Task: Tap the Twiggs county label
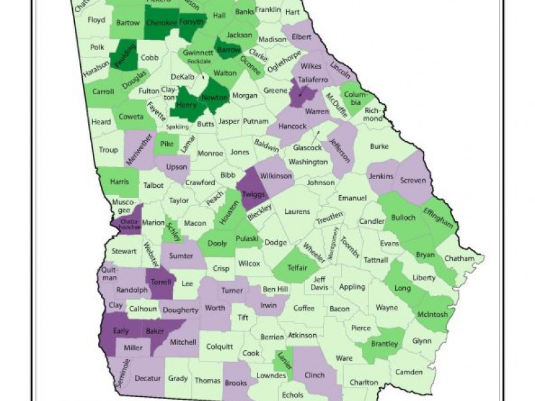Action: point(253,192)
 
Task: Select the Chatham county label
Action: point(461,259)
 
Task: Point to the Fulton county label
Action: point(148,91)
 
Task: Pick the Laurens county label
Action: point(297,212)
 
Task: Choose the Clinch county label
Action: point(314,374)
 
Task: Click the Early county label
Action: point(121,329)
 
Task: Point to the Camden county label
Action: point(409,372)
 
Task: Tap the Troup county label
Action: point(108,150)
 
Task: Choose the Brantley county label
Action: point(385,344)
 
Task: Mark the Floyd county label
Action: point(96,20)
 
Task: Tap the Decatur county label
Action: point(147,378)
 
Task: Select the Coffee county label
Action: point(304,308)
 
